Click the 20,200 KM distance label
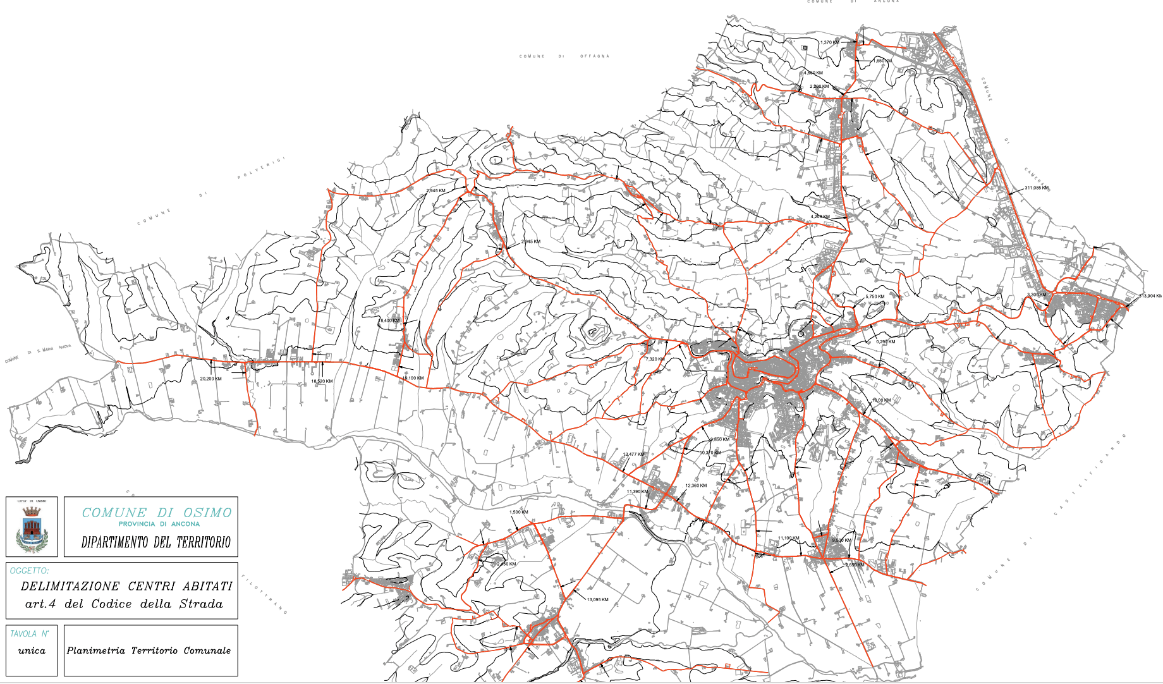tap(210, 379)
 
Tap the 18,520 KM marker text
tap(322, 381)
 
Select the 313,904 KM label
tap(1150, 296)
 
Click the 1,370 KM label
tap(829, 42)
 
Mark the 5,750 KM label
tap(875, 296)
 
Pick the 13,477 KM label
tap(634, 455)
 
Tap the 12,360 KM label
tap(696, 486)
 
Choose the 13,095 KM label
tap(597, 599)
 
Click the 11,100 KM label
tap(788, 538)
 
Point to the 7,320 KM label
tap(655, 359)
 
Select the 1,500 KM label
tap(518, 512)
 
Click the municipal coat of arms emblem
tap(32, 527)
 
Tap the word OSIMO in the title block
tap(207, 513)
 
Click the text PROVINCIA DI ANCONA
tap(159, 524)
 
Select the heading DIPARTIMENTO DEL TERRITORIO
tap(156, 542)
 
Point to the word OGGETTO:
tap(29, 571)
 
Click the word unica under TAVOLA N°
tap(32, 650)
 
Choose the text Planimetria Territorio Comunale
tap(149, 650)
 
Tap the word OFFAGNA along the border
tap(595, 56)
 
